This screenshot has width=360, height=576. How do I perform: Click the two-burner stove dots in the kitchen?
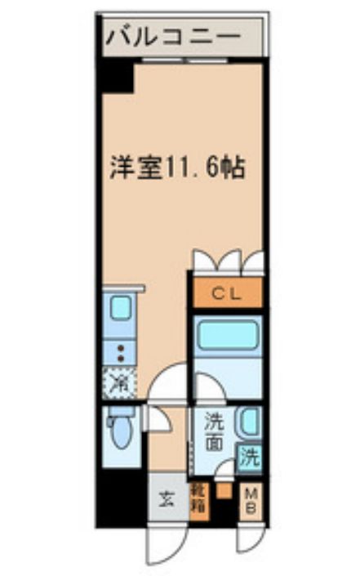(x=120, y=352)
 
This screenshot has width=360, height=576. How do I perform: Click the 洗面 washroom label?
(x=213, y=433)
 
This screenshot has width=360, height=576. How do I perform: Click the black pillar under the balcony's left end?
(x=116, y=77)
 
